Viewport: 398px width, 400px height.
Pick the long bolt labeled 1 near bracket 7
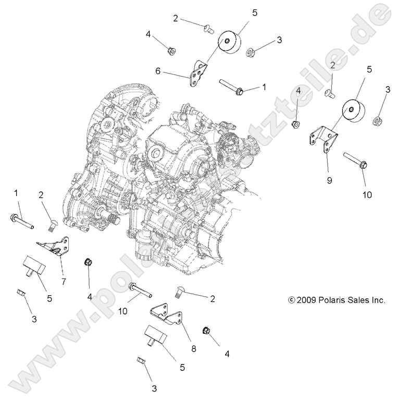click(21, 221)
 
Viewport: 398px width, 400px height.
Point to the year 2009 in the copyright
click(307, 300)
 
